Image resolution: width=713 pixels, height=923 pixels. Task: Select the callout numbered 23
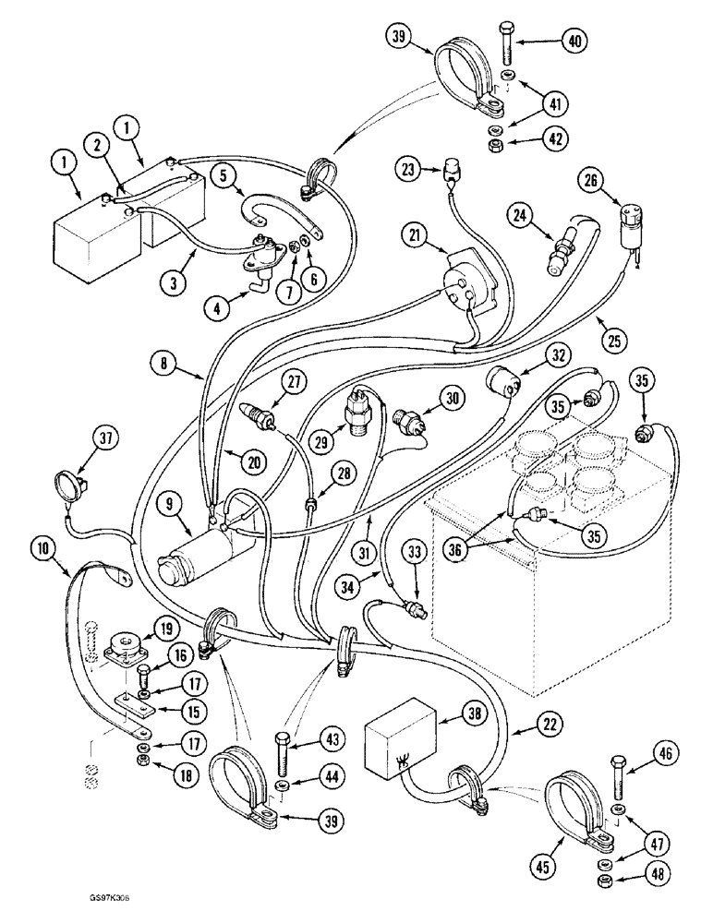pos(408,169)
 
